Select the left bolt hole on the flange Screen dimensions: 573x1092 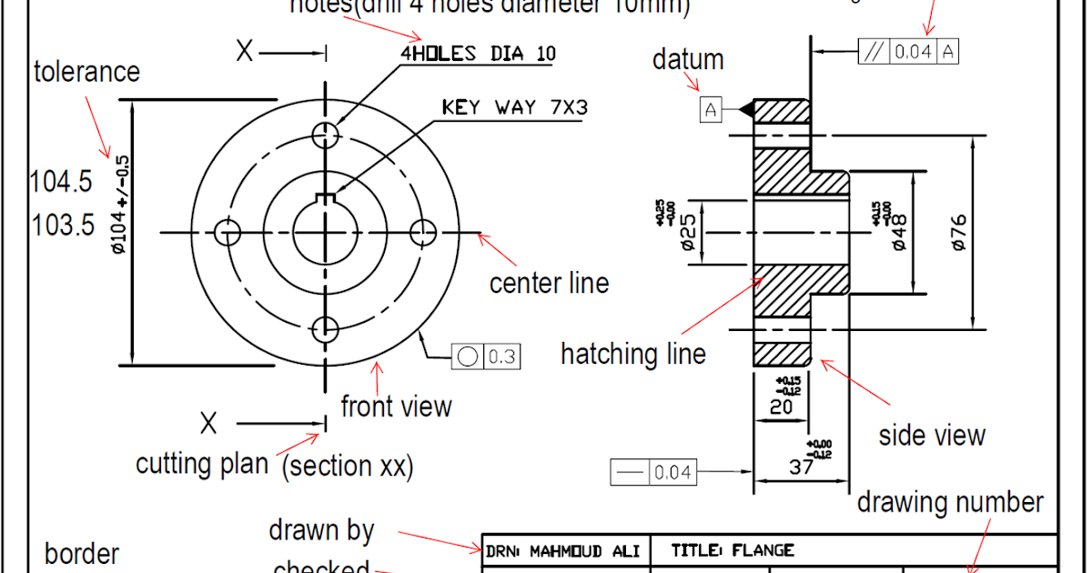tap(227, 233)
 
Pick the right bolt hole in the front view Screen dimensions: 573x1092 tap(423, 233)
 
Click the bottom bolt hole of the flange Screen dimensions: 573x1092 tap(326, 329)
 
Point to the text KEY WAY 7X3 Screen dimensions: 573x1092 tap(515, 107)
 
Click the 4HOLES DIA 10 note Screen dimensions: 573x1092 tap(478, 54)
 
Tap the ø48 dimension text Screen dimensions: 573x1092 tap(899, 232)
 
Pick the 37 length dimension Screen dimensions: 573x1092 tap(801, 467)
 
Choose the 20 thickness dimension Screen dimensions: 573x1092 tap(782, 407)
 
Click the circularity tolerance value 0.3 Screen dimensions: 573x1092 tap(502, 357)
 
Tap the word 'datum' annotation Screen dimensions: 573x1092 tap(688, 60)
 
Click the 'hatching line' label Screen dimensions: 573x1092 tap(632, 354)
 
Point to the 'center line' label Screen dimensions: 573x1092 tap(549, 283)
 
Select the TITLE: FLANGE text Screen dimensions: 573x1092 tap(733, 550)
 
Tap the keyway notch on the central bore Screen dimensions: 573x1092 tap(326, 199)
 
